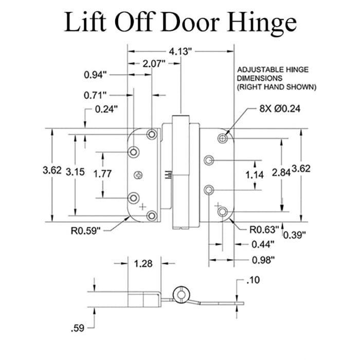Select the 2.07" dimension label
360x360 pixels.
click(x=153, y=64)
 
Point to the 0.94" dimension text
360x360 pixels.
click(x=96, y=75)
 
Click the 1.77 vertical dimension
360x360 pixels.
click(x=102, y=174)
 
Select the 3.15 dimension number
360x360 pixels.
click(x=77, y=174)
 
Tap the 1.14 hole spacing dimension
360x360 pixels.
click(x=255, y=175)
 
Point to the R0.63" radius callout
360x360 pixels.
click(x=265, y=229)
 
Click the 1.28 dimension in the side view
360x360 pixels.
click(x=142, y=264)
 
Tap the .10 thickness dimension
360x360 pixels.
click(x=254, y=281)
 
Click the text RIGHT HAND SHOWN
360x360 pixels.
click(x=276, y=87)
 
